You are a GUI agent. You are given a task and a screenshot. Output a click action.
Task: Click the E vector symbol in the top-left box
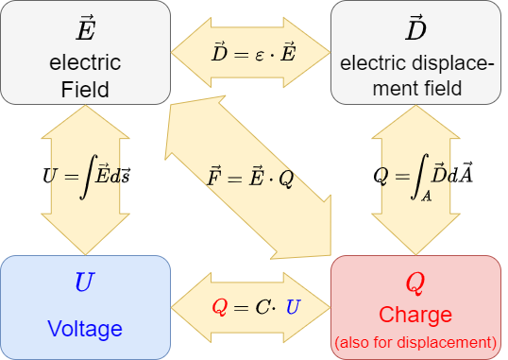(x=85, y=30)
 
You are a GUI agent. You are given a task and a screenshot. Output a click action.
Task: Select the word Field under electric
(x=85, y=91)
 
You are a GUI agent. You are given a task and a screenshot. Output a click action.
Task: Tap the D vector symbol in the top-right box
(x=415, y=30)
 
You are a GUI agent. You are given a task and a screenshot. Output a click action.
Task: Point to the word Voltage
(x=85, y=329)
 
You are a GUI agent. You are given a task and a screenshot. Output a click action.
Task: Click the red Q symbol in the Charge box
(x=415, y=283)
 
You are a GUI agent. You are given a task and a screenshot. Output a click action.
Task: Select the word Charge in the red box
(x=415, y=315)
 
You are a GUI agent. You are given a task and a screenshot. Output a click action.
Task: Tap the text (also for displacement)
(x=415, y=341)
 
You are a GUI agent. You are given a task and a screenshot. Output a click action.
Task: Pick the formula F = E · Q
(x=250, y=177)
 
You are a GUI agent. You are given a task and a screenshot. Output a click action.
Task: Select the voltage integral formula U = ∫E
(x=85, y=176)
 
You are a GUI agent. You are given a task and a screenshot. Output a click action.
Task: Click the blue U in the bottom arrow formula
(x=293, y=306)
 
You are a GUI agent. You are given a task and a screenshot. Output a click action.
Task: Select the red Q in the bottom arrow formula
(x=220, y=306)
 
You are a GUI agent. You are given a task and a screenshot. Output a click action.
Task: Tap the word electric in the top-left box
(x=85, y=63)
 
